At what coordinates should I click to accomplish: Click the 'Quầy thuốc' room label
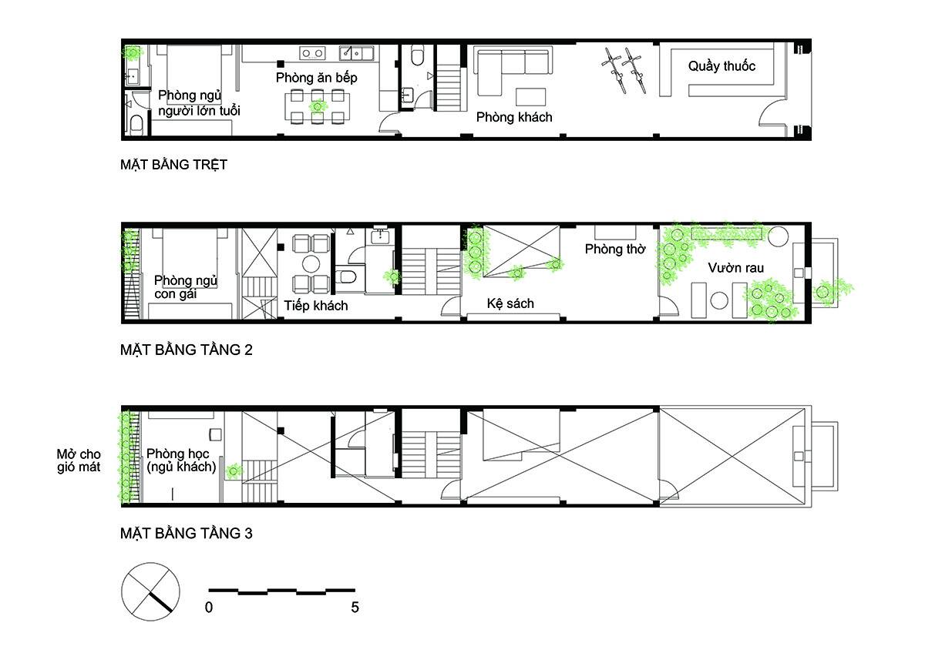pos(721,66)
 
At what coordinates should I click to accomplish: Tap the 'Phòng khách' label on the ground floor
pos(514,117)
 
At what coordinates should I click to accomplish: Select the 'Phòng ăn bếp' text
pos(316,78)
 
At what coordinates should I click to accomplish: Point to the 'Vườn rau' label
pos(735,268)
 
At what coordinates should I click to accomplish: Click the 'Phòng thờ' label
pos(615,249)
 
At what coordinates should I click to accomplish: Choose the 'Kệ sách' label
pos(510,303)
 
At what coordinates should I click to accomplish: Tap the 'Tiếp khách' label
pos(315,306)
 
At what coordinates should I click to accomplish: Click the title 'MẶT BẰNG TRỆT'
pos(173,165)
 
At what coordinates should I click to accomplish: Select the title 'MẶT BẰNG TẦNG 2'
pos(187,350)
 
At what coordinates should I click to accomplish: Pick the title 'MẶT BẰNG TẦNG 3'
pos(187,534)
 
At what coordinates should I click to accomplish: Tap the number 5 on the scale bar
pos(355,608)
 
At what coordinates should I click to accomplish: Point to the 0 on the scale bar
pos(209,608)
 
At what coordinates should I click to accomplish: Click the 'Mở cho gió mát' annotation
pos(79,460)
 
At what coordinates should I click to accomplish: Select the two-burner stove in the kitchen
pos(312,53)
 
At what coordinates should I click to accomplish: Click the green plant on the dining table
pos(318,106)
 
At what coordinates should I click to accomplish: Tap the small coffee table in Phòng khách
pos(530,97)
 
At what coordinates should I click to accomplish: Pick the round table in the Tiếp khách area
pos(311,264)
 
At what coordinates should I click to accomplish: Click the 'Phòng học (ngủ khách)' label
pos(181,460)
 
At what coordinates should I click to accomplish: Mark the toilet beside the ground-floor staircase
pos(418,57)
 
